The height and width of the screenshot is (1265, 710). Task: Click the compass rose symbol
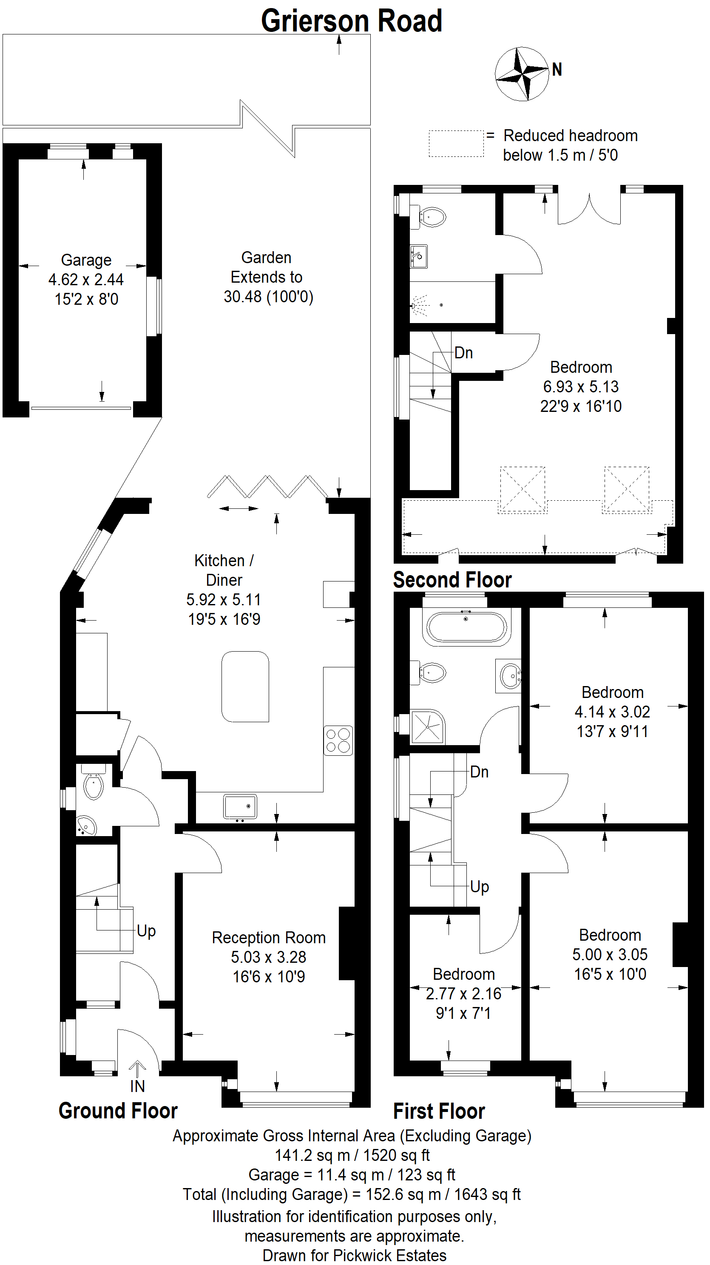pos(522,74)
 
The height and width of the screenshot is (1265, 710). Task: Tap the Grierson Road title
pos(352,21)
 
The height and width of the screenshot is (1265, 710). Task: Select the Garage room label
pos(86,260)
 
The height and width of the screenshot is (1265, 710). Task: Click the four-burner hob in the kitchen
pos(338,740)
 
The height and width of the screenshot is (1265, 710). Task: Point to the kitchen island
pos(245,686)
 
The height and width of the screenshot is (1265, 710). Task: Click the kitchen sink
pos(240,806)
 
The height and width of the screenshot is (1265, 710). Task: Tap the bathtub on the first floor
pos(466,627)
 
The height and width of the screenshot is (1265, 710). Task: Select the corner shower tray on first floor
pos(428,727)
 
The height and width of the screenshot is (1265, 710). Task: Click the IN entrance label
pos(137,1086)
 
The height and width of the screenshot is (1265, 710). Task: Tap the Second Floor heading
pos(452,580)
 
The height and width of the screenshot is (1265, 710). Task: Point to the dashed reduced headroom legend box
pos(456,144)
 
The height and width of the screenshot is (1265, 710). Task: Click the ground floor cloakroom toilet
pos(93,783)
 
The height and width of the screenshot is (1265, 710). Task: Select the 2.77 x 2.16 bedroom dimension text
pos(463,993)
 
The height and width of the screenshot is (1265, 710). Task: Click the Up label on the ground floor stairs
pos(146,931)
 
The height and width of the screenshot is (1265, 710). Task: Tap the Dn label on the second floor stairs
pos(463,352)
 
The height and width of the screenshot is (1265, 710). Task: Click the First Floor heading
pos(439,1111)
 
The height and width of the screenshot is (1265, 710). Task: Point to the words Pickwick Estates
pos(390,1255)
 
